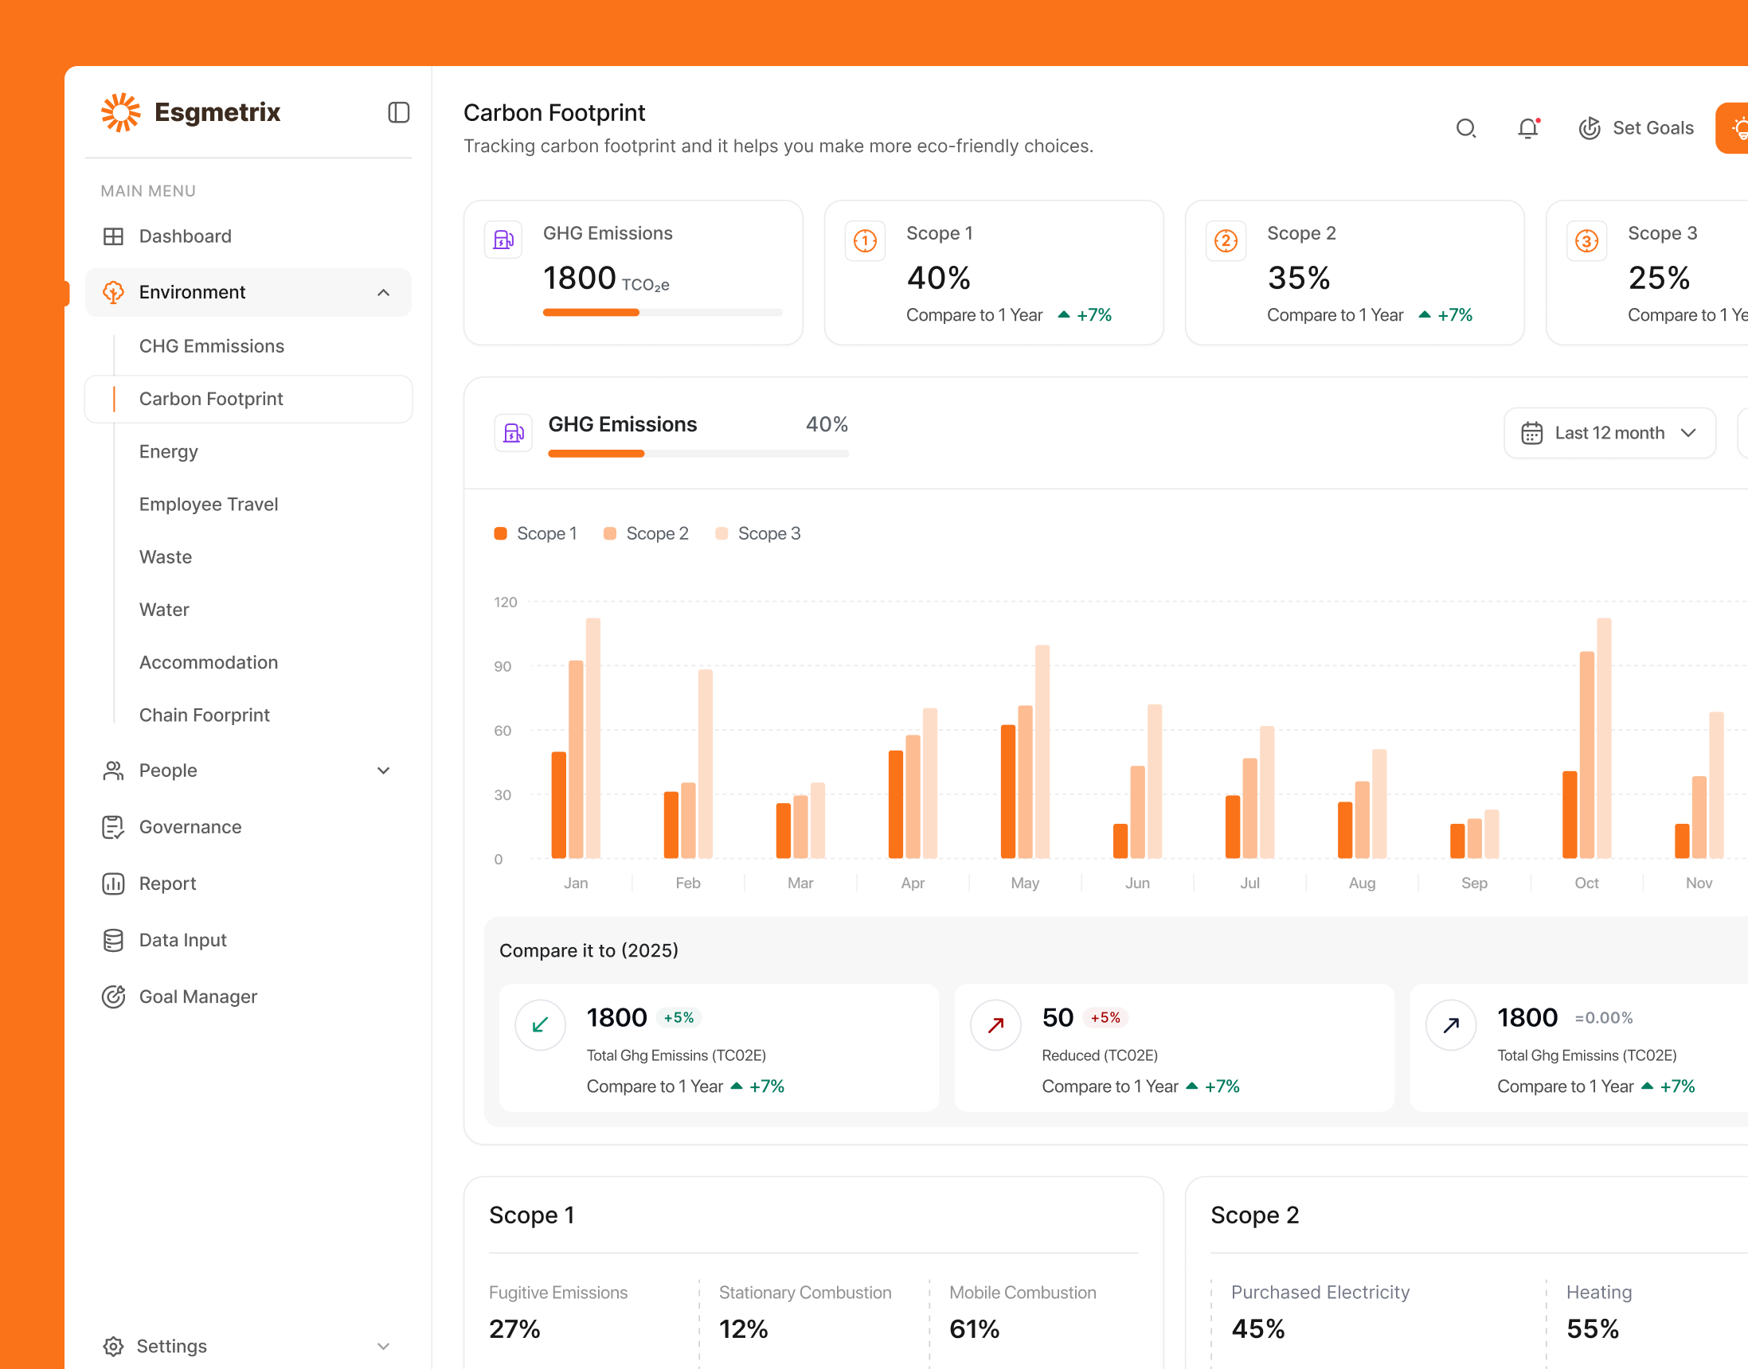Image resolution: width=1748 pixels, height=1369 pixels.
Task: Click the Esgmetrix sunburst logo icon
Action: click(120, 112)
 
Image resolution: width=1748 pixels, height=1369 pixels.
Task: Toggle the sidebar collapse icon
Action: click(398, 112)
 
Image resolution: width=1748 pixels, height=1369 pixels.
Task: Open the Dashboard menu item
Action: click(185, 236)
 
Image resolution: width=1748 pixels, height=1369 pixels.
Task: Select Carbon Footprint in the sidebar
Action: click(211, 399)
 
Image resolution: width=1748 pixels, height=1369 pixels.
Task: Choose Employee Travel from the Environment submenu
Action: click(209, 504)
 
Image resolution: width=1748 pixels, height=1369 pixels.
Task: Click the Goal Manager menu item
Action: click(198, 997)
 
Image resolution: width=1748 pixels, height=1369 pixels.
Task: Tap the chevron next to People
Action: click(383, 770)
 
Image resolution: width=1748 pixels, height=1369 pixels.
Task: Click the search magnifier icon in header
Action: click(1466, 128)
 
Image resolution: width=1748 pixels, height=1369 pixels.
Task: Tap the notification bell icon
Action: click(1527, 128)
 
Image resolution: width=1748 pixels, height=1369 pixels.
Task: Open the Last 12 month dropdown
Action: click(1609, 433)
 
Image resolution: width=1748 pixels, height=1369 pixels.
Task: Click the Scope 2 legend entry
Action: click(647, 534)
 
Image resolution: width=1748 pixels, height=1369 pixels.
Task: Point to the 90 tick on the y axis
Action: click(503, 666)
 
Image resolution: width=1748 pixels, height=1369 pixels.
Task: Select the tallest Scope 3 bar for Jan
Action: click(592, 737)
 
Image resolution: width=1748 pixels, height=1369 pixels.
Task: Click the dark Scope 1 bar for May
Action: click(1008, 791)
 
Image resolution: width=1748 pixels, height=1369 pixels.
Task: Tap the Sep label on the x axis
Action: click(1474, 883)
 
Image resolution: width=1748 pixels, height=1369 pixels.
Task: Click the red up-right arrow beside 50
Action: click(995, 1025)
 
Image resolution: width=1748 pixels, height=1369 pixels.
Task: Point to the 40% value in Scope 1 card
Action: click(938, 278)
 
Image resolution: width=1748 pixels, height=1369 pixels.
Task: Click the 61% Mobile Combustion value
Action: click(973, 1329)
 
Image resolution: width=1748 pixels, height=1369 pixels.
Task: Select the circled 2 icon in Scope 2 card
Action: click(1226, 240)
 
